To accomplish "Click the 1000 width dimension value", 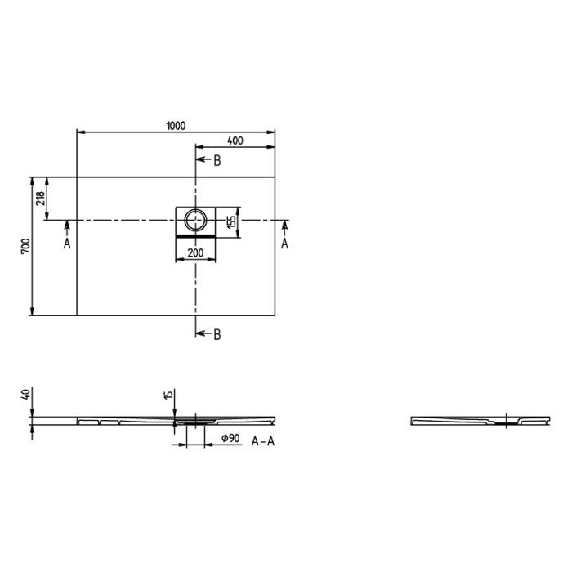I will point(176,125).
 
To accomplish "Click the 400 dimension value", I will point(235,141).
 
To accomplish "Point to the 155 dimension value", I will point(232,221).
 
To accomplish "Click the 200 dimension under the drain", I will point(195,253).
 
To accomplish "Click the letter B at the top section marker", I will point(217,161).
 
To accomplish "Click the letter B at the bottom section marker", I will point(217,333).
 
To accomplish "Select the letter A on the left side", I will point(67,244).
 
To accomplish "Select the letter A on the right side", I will point(284,244).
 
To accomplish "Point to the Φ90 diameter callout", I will point(230,440).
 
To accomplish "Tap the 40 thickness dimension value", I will point(27,395).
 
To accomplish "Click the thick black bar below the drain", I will point(196,235).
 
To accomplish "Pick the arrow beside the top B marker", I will point(202,161).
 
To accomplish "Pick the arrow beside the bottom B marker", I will point(202,333).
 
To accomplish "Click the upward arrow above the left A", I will point(67,227).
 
